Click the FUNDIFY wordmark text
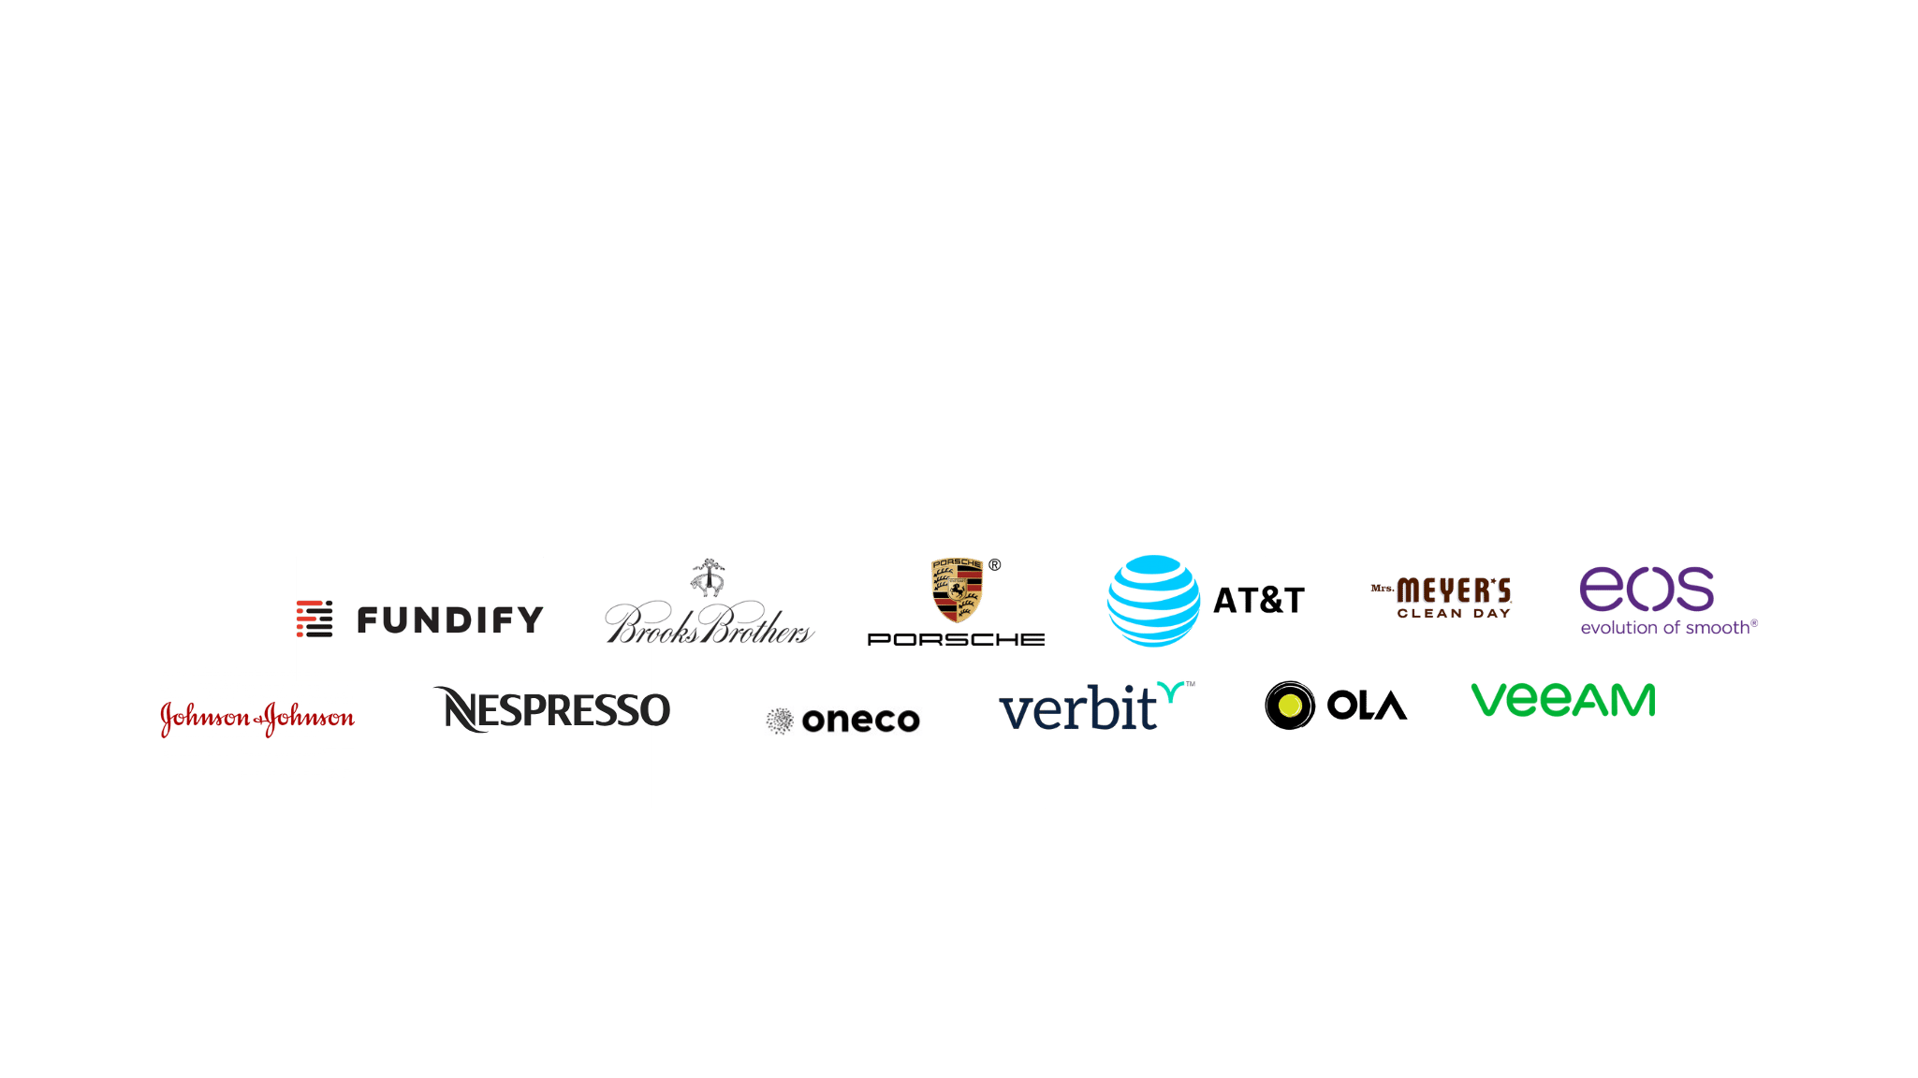pos(449,619)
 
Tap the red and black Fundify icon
pos(315,619)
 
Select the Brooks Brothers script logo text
pos(708,625)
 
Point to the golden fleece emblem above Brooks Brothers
pos(709,576)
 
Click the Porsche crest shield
pos(957,589)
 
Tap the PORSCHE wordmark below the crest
pos(956,639)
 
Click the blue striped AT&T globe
pos(1153,601)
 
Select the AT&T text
pos(1258,601)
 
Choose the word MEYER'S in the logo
pos(1453,590)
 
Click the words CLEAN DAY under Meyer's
pos(1454,614)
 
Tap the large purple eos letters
pos(1647,589)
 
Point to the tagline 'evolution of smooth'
pos(1668,627)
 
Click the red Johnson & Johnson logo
pos(257,719)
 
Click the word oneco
pos(860,720)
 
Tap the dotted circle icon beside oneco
pos(779,720)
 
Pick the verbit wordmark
pos(1078,709)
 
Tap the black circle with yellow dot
pos(1289,706)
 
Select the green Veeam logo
pos(1563,701)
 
